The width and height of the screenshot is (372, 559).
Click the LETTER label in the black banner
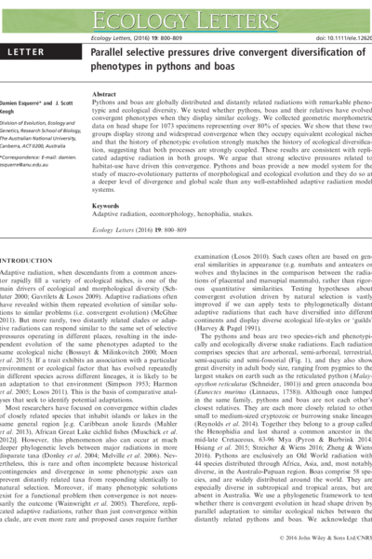(x=32, y=57)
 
